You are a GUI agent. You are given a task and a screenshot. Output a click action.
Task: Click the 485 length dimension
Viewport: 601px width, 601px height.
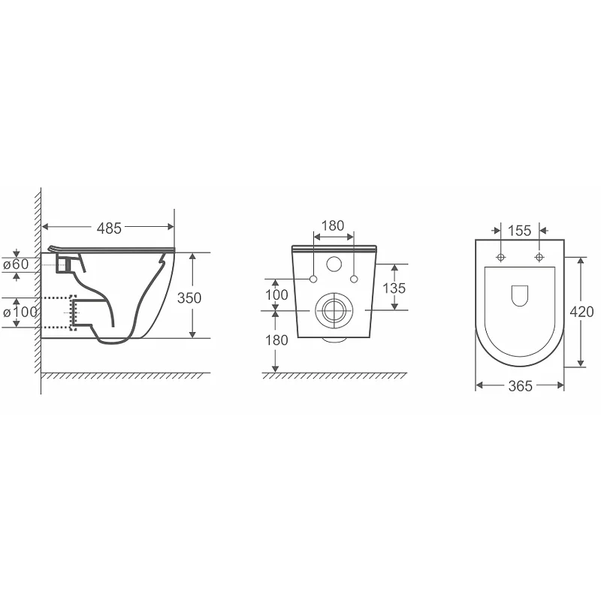coord(109,228)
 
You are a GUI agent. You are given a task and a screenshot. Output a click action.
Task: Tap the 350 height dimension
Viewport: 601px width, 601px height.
coord(189,297)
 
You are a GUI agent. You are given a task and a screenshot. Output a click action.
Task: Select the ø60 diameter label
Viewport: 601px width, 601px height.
coord(16,264)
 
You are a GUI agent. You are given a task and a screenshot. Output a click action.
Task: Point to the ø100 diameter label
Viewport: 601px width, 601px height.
coord(20,312)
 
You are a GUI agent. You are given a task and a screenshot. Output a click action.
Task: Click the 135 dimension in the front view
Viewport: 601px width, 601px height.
coord(394,288)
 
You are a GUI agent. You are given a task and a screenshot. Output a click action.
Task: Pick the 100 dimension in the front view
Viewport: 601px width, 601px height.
coord(276,294)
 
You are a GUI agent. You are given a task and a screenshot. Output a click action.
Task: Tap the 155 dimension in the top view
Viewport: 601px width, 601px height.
coord(519,231)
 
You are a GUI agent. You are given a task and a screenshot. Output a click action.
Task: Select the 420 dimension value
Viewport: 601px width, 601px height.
coord(581,312)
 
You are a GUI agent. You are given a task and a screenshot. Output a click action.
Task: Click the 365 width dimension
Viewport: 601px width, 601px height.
coord(520,386)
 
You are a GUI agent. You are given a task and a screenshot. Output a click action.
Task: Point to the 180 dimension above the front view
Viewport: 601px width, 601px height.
coord(333,226)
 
